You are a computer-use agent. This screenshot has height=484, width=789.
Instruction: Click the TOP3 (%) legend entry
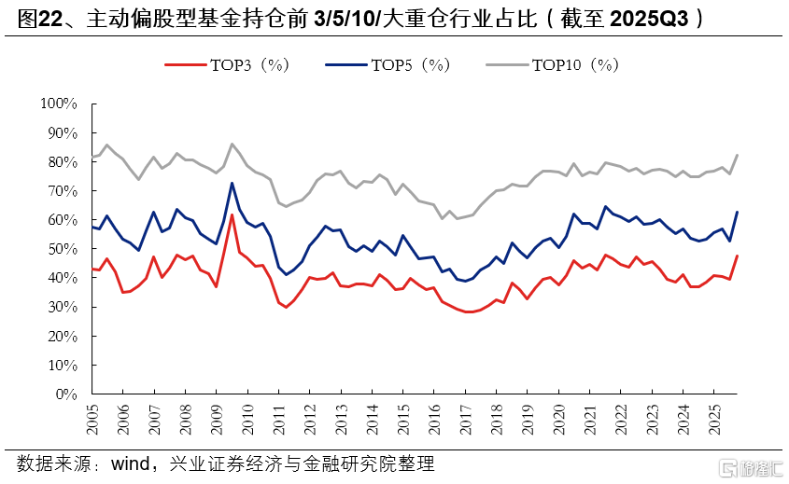click(229, 64)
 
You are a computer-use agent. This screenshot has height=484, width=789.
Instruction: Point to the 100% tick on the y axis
click(58, 104)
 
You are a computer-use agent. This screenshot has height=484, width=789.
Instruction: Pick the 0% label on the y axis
click(64, 394)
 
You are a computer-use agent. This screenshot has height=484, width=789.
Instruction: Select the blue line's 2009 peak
click(232, 183)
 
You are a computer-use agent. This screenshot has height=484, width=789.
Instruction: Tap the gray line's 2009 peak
click(232, 144)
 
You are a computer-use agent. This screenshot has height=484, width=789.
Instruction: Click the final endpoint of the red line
click(738, 256)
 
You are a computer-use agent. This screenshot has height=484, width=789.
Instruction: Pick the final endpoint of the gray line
click(738, 155)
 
